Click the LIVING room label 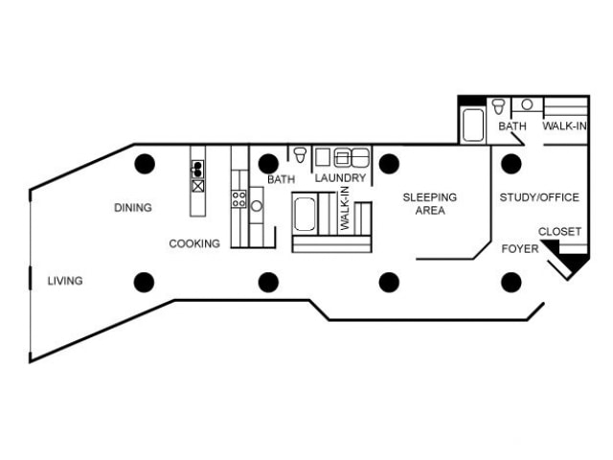pos(65,281)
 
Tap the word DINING pos(133,208)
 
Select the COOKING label pos(194,243)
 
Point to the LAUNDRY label pos(340,178)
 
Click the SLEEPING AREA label pos(429,204)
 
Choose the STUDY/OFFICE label pos(539,197)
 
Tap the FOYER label pos(519,249)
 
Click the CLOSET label pos(559,232)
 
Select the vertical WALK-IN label pos(344,208)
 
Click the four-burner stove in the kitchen pos(238,199)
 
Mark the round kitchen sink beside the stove pos(257,205)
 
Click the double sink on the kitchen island pos(197,169)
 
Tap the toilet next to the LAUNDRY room pos(300,155)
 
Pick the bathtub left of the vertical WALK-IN pos(305,214)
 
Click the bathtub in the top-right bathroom pos(472,125)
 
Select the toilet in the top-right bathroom pos(499,105)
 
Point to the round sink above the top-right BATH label pos(527,103)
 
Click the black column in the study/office pos(511,163)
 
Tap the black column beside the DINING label pos(144,163)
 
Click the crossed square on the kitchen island pos(197,186)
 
